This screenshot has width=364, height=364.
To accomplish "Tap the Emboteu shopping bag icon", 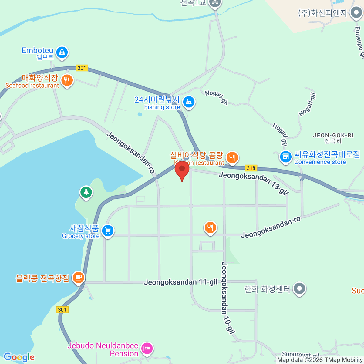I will pyautogui.click(x=62, y=52).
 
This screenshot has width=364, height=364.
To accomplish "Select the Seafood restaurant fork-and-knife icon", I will pyautogui.click(x=67, y=80).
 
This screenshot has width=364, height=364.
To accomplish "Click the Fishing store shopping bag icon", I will pyautogui.click(x=189, y=102).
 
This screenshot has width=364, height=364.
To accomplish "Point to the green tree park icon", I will pyautogui.click(x=86, y=192).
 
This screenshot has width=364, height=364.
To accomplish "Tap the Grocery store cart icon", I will pyautogui.click(x=108, y=231).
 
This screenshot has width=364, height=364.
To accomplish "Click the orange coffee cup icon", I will pyautogui.click(x=79, y=277).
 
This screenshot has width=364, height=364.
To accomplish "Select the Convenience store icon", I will pyautogui.click(x=285, y=157).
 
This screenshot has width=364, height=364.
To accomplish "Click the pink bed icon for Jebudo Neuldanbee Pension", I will pyautogui.click(x=147, y=348).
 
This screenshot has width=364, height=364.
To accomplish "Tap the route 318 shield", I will pyautogui.click(x=251, y=168).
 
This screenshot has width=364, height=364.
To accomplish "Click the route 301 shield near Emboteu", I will pyautogui.click(x=82, y=68).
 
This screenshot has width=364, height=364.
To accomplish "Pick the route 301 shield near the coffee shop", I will pyautogui.click(x=62, y=309).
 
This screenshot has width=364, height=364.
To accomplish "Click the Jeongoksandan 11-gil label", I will pyautogui.click(x=180, y=282).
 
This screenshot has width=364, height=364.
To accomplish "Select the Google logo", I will pyautogui.click(x=19, y=357).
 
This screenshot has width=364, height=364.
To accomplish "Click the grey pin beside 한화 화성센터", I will pyautogui.click(x=300, y=288).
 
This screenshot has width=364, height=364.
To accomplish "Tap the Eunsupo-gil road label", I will pyautogui.click(x=359, y=41).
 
